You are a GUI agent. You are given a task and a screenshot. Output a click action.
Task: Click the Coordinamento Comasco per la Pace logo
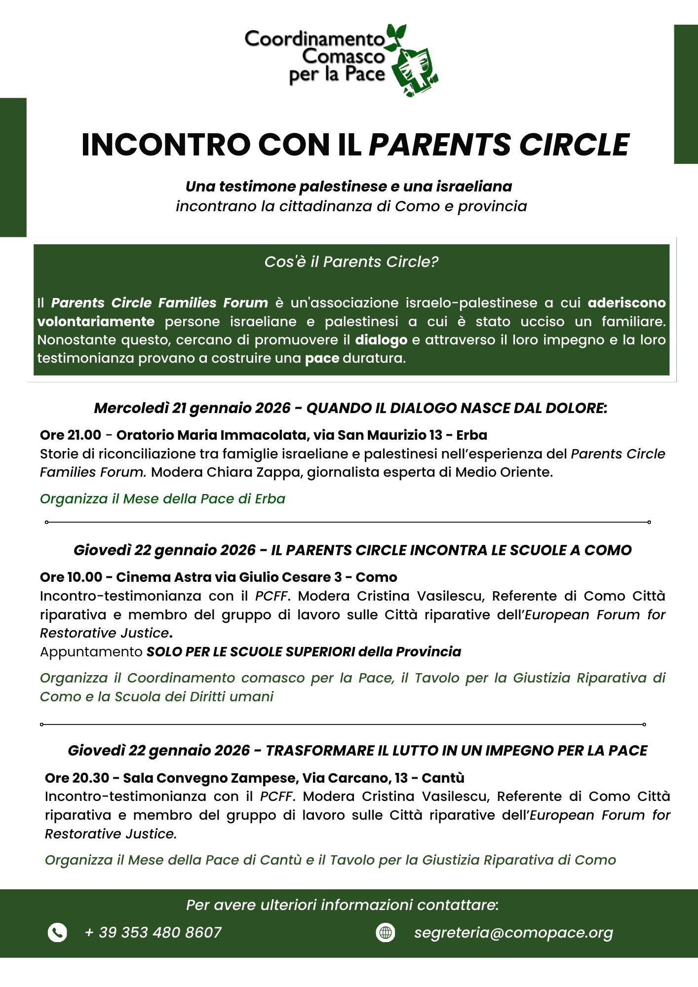[341, 59]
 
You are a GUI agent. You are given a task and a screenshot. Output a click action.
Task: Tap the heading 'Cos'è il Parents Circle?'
[351, 262]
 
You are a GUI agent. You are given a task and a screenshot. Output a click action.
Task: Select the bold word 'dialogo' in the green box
[381, 340]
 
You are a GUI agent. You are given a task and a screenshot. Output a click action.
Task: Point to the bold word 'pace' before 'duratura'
[322, 358]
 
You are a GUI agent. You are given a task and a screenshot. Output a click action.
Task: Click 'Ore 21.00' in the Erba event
[71, 435]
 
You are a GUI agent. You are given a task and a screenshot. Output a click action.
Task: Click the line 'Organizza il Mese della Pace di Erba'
[162, 499]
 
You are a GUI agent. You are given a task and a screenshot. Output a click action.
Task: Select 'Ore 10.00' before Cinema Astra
[71, 577]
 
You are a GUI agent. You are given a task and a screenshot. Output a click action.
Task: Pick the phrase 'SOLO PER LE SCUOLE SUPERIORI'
[251, 652]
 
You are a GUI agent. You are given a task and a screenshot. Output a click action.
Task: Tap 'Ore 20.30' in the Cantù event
[77, 778]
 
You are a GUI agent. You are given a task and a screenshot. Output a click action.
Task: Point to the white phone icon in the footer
[57, 932]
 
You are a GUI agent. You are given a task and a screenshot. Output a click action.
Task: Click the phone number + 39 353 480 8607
[153, 932]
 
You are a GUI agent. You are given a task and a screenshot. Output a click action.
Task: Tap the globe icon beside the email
[386, 932]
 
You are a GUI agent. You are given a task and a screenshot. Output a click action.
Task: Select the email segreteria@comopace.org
[513, 933]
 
